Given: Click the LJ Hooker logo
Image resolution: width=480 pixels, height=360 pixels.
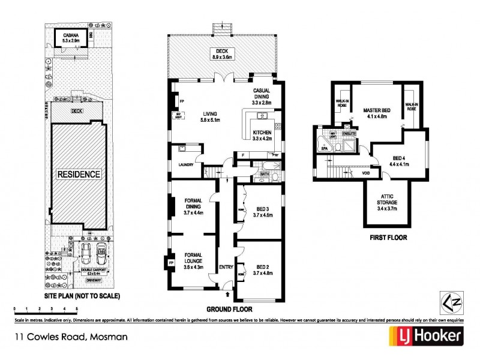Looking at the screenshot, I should pyautogui.click(x=427, y=338).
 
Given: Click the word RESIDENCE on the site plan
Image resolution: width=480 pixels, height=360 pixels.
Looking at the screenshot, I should pyautogui.click(x=79, y=175).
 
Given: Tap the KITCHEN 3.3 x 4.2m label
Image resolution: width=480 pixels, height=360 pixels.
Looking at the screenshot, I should pyautogui.click(x=263, y=135).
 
